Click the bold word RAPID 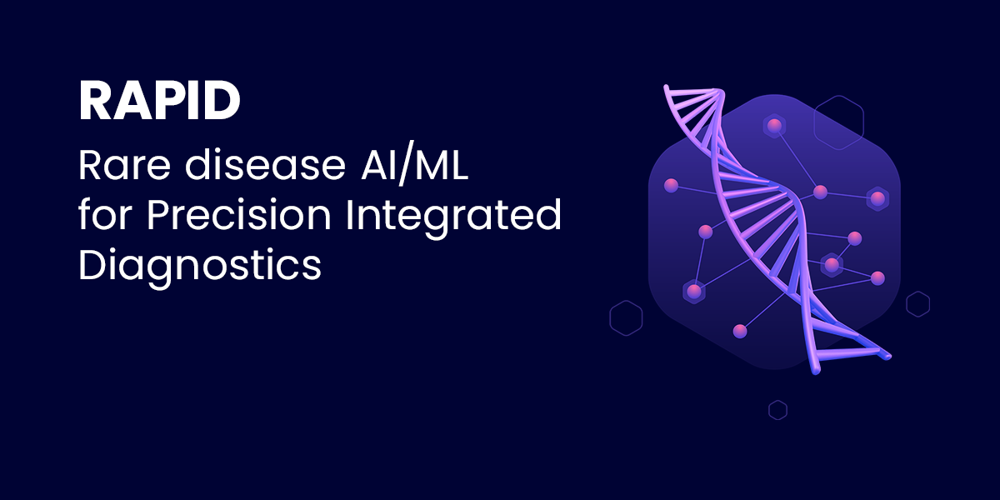coord(160,101)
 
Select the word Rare coord(124,165)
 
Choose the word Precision coord(239,214)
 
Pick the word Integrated coord(453,217)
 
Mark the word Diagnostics coord(200,265)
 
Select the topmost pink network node coord(774,127)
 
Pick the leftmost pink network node coord(671,185)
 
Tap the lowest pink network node coord(740,332)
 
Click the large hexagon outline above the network coord(839,122)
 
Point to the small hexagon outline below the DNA coord(777,410)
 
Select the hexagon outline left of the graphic coord(626,317)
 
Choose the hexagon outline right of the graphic coord(917,304)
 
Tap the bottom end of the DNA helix coord(816,371)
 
